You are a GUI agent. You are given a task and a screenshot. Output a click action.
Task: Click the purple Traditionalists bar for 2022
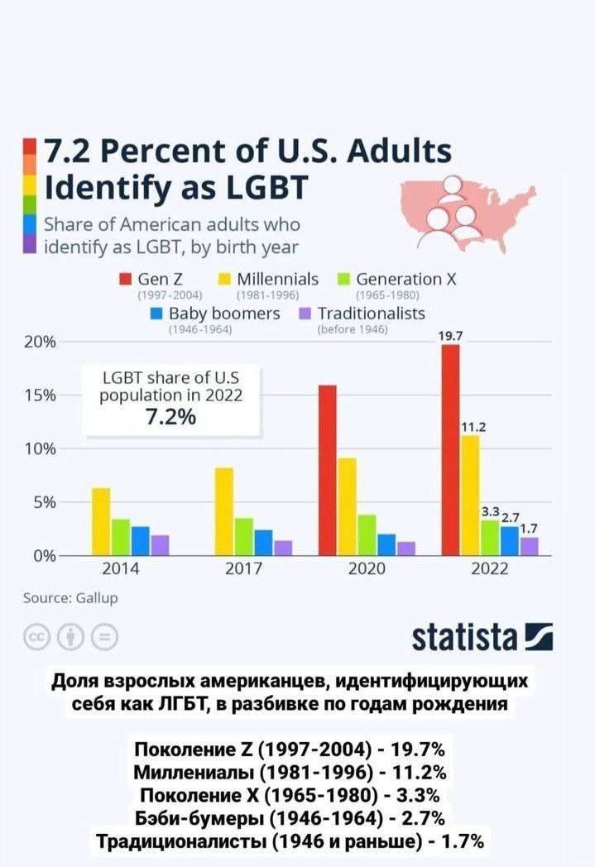(530, 546)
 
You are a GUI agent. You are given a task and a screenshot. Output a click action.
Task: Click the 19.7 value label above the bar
(451, 336)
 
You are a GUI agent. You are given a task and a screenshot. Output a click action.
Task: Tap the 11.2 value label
(473, 427)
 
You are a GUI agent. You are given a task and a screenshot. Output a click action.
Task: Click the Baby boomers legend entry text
(224, 314)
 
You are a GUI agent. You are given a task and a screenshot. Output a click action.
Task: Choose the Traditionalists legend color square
(304, 314)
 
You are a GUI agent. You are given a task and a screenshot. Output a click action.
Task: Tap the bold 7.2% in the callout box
(170, 417)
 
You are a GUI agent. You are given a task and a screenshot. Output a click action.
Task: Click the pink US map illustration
(463, 207)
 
